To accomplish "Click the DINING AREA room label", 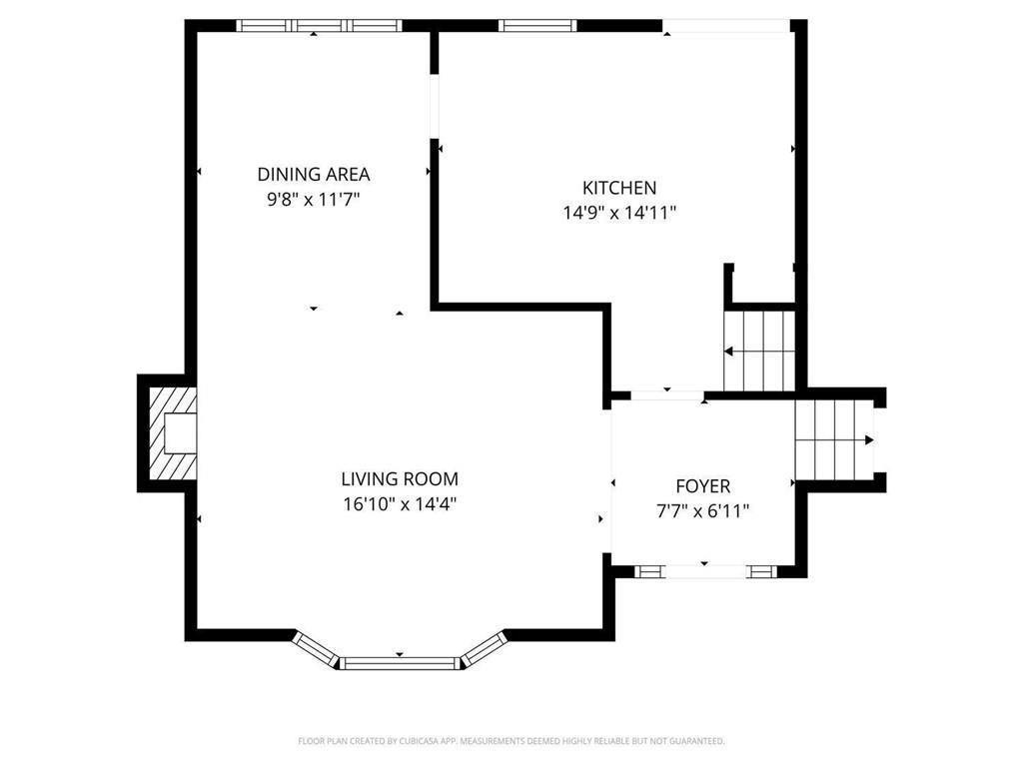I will point(313,174).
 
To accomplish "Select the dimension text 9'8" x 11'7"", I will point(313,199).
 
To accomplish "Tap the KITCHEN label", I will point(619,187).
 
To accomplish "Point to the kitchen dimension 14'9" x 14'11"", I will point(619,212).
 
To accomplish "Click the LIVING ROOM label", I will point(400,479).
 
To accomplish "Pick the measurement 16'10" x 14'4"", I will point(400,504).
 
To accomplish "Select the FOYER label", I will point(703,486).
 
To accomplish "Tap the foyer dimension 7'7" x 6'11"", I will point(703,511).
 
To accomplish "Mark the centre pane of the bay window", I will point(400,661).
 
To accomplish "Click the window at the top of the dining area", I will point(319,26).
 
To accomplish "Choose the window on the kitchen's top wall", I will point(538,26).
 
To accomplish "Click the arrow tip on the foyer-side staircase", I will point(869,439).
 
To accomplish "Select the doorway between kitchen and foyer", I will point(667,395).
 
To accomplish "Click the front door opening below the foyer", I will point(704,571).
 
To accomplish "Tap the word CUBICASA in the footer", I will point(411,741).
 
